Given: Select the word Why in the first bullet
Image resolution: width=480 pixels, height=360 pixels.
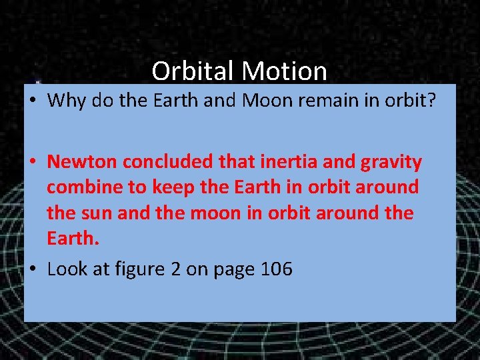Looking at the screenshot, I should [x=67, y=101].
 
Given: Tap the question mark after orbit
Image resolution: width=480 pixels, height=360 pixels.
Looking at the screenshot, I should [x=433, y=101].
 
